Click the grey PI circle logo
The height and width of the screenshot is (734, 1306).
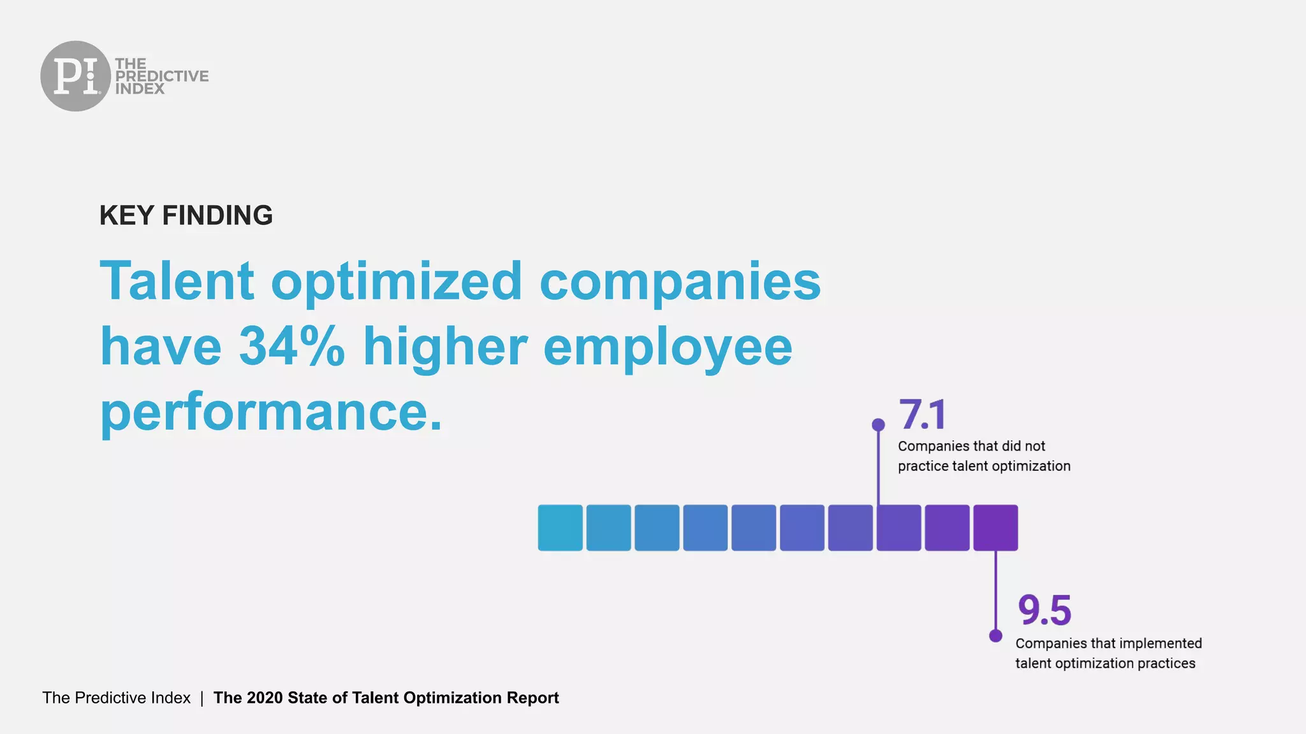(x=75, y=76)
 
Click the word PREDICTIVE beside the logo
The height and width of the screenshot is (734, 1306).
(x=162, y=76)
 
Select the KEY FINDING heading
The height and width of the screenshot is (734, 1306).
(x=186, y=215)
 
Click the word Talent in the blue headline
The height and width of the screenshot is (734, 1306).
(x=177, y=281)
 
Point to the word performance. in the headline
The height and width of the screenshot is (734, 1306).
(x=271, y=412)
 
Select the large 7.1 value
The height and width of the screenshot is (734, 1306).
(x=922, y=415)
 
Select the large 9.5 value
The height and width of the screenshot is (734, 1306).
(x=1044, y=610)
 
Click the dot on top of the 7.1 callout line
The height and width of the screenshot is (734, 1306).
(x=878, y=424)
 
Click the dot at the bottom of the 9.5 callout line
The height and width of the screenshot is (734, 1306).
(x=995, y=635)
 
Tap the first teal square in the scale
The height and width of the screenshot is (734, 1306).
(x=560, y=528)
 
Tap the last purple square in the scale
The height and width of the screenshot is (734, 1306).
(x=995, y=528)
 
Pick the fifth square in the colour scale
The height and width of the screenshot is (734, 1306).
(x=754, y=528)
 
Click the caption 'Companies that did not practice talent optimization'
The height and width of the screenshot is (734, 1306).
(x=983, y=456)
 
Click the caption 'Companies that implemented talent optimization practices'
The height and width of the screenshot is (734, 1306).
(x=1108, y=653)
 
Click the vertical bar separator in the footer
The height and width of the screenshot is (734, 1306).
(x=202, y=698)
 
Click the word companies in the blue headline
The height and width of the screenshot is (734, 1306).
(x=680, y=281)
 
